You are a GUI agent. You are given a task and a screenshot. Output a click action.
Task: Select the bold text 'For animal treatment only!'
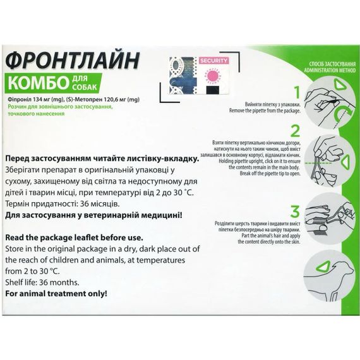(56, 294)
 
